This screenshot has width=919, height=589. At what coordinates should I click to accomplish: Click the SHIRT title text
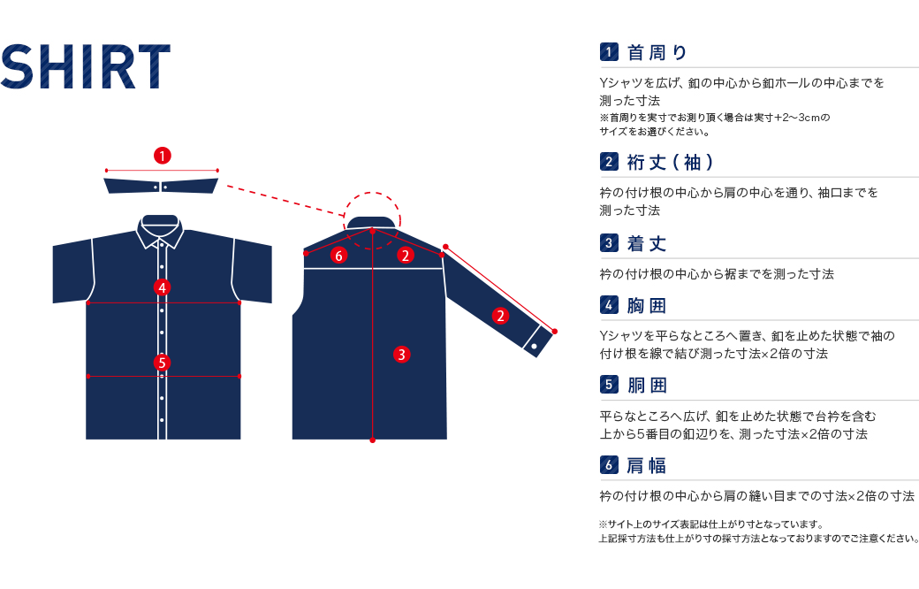86,66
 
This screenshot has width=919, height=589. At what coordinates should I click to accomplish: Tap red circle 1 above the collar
163,156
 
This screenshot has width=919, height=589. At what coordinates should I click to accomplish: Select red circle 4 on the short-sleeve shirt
163,287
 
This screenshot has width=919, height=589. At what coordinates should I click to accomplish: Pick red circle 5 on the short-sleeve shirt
163,363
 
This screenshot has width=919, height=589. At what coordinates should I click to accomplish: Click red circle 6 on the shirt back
338,256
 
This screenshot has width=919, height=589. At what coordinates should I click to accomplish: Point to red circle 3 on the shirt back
401,355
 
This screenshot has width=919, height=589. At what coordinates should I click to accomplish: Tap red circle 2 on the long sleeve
500,317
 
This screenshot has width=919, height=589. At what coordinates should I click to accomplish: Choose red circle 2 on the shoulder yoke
405,256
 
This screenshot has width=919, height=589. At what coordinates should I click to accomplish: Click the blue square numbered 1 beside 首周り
609,52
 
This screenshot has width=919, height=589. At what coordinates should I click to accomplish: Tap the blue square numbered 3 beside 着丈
609,243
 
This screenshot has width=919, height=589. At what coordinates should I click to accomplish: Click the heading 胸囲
647,306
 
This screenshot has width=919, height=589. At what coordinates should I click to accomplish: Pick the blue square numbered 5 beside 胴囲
609,385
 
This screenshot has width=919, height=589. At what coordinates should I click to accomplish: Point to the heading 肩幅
647,466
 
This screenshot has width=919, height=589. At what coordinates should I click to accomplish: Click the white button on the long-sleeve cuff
534,347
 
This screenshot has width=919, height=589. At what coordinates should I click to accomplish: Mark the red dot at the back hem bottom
372,440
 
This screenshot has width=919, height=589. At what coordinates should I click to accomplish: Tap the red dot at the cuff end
554,332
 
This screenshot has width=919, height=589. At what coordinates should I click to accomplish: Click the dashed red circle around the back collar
372,220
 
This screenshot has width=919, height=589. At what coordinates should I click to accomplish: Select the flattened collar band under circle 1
161,186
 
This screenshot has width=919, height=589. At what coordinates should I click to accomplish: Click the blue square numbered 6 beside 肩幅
609,465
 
